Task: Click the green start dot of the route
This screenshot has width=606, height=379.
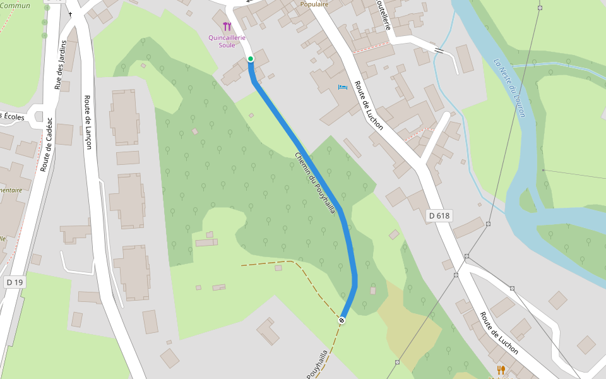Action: (x=251, y=59)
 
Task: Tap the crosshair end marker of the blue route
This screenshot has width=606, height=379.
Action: (x=342, y=321)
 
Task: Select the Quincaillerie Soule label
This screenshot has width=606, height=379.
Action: (x=227, y=41)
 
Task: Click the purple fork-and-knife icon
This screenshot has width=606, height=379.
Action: (x=227, y=27)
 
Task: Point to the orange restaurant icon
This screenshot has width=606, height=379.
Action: (x=501, y=370)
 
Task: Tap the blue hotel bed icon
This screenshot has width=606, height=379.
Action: (x=342, y=87)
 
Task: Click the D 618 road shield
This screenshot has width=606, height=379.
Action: (x=439, y=215)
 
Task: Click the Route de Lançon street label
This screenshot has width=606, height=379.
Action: (x=88, y=122)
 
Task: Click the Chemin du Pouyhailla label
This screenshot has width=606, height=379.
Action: (x=314, y=183)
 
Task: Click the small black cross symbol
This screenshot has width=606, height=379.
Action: (x=70, y=14)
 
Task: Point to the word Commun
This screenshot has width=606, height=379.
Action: (x=15, y=6)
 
